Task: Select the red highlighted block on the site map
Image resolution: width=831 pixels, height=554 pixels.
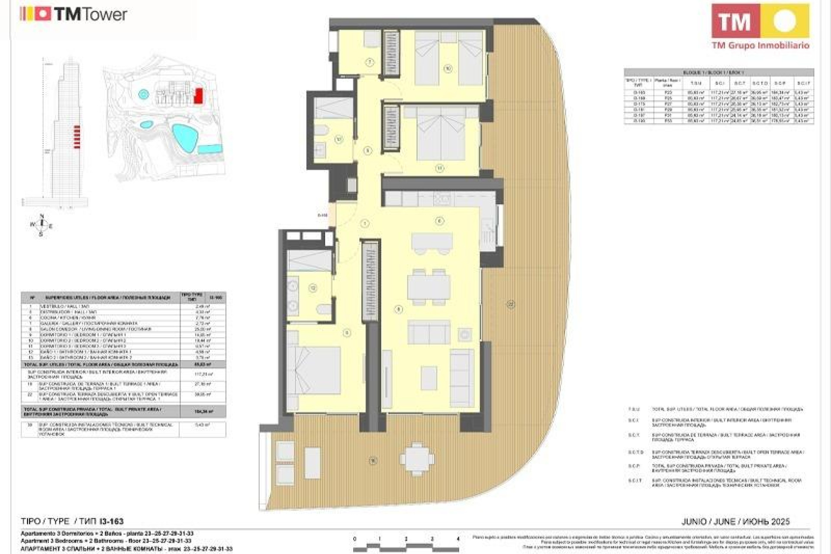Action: pos(198,96)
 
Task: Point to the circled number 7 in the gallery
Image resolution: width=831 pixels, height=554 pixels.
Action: pos(370,62)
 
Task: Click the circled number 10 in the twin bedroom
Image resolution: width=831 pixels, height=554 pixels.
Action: pos(448,68)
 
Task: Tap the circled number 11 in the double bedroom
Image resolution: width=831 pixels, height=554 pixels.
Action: pos(440,168)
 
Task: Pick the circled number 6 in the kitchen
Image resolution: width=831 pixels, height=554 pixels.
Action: pos(439,221)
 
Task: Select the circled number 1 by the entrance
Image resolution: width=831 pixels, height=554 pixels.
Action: pos(365,223)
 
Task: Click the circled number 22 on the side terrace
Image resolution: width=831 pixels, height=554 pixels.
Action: pos(511,305)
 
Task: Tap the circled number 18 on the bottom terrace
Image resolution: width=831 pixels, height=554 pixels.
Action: pos(373,461)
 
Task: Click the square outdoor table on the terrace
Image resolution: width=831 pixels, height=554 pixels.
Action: pos(417,459)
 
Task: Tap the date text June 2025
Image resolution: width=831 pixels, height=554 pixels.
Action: pos(735,522)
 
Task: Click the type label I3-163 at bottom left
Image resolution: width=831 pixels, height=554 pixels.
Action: pos(111,522)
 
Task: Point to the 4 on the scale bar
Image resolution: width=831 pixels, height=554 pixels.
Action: pos(458,539)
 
